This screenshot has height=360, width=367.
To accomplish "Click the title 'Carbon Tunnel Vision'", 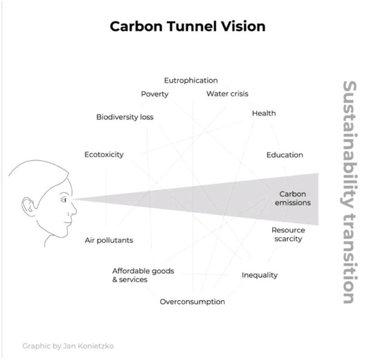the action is coord(188,26).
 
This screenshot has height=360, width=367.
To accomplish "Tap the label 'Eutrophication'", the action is coord(191,81).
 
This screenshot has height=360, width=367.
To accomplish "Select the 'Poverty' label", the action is coord(155,94).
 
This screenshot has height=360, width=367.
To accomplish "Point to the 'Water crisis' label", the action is coord(227,94).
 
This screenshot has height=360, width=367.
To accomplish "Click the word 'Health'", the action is coord(264,113).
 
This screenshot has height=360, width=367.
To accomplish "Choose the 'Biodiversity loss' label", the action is coord(125,117).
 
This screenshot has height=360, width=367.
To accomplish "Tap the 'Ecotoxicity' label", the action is coord(104,155).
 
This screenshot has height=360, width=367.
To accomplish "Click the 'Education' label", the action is coord(285,155).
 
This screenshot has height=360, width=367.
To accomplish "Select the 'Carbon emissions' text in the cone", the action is coord(293,198).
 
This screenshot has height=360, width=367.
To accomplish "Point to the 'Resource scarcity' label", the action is coord(289,234).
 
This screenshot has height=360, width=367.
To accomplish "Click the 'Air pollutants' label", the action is coord(109,240).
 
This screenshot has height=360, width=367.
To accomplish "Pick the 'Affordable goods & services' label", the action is coord(143,275).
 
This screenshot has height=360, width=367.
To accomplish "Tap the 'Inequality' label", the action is coord(260,275).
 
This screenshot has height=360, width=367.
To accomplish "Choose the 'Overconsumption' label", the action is coord(192,302).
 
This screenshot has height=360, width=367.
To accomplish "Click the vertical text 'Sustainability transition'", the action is coord(349,192).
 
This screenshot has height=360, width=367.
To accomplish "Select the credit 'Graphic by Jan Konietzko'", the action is coord(68,346).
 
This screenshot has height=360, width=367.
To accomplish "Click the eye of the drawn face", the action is coord(64,200).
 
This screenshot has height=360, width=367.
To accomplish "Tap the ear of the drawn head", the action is coord(28,207).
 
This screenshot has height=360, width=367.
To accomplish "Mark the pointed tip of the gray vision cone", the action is coord(73,199).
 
